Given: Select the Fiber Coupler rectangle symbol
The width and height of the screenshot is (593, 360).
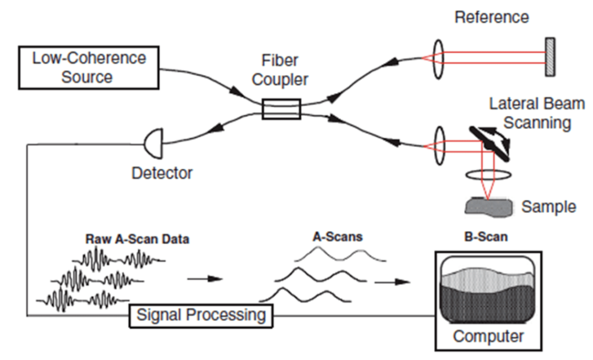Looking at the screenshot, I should [281, 109].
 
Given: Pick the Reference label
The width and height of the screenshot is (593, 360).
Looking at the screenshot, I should [492, 17].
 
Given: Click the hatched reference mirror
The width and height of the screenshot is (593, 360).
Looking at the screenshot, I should [550, 56].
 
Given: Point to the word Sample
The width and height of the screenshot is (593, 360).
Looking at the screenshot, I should [549, 207].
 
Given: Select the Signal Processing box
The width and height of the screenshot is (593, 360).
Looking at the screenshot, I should [200, 315].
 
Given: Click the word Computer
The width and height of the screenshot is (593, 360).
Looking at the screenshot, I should [488, 336].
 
